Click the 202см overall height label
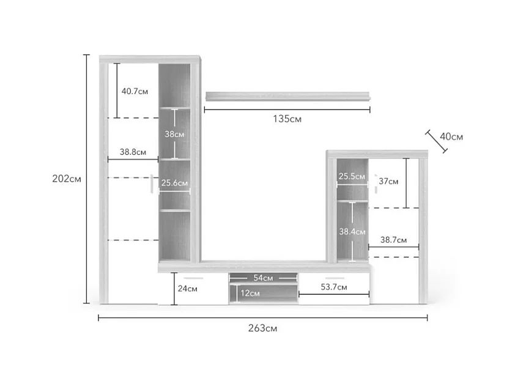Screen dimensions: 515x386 point(67,179)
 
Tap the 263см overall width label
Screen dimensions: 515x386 point(262,328)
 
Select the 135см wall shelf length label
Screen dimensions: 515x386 point(287,119)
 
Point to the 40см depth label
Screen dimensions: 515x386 point(451,136)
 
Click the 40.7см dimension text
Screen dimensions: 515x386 point(135,91)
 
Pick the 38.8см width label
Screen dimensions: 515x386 point(133,152)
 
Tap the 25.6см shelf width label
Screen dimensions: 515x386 point(174,183)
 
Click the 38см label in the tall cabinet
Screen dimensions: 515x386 point(174,134)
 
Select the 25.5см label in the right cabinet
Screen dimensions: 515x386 point(352,176)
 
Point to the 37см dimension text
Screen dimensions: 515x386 point(388,181)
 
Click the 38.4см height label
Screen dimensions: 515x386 point(352,232)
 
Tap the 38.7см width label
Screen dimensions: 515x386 point(393,240)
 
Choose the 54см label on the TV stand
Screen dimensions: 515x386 point(263,278)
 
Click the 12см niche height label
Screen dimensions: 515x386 point(250,293)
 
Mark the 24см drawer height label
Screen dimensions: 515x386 point(188,289)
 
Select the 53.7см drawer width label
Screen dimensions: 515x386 point(334,287)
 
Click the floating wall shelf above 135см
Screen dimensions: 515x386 point(287,96)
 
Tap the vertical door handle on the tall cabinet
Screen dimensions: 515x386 point(152,184)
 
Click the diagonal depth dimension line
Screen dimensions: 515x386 point(436,141)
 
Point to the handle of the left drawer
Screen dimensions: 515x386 point(193,278)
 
